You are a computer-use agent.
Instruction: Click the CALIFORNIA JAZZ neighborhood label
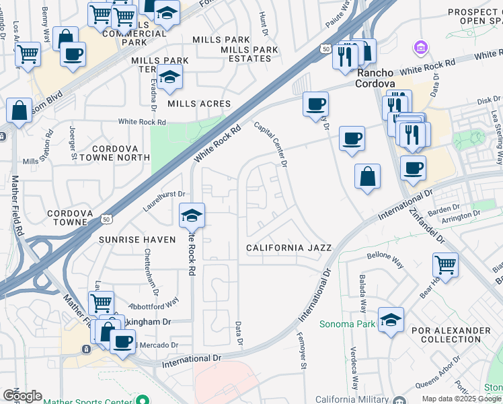click(x=288, y=248)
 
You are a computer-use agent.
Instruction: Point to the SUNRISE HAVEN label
click(x=137, y=239)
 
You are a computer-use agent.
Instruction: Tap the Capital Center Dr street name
click(x=271, y=143)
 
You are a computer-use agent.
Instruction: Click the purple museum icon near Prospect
click(x=420, y=48)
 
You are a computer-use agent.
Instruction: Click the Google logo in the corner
click(x=22, y=396)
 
